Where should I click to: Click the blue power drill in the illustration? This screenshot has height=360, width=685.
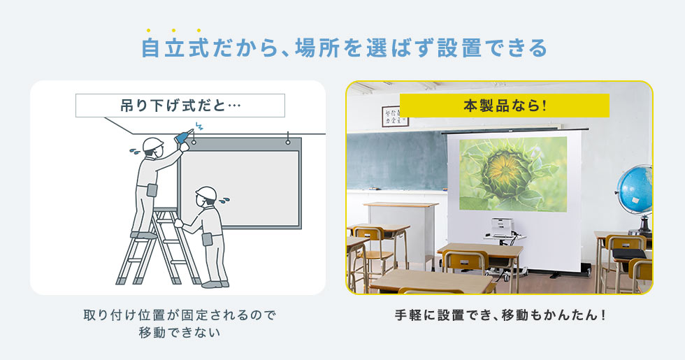pyautogui.click(x=184, y=136)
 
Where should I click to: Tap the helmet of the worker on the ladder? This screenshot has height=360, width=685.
pyautogui.click(x=152, y=144)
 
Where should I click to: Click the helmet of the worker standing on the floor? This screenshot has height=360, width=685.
pyautogui.click(x=206, y=193)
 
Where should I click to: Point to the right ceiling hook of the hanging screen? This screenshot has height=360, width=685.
pyautogui.click(x=288, y=139)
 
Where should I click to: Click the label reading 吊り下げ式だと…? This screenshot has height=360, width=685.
pyautogui.click(x=180, y=106)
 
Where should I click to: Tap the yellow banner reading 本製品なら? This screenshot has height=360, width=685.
pyautogui.click(x=504, y=106)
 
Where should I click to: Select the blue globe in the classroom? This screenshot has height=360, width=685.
pyautogui.click(x=636, y=191)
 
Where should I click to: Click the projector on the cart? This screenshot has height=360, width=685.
pyautogui.click(x=503, y=227)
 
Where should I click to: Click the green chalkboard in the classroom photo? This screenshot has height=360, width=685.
pyautogui.click(x=397, y=160)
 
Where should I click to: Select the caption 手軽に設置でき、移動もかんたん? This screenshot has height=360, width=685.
pyautogui.click(x=500, y=315)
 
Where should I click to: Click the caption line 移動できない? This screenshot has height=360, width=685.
pyautogui.click(x=180, y=333)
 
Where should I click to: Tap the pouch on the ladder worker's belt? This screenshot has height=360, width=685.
pyautogui.click(x=152, y=190)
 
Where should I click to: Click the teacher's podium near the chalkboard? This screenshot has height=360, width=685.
pyautogui.click(x=401, y=231)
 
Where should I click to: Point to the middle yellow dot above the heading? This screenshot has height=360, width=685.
pyautogui.click(x=174, y=30)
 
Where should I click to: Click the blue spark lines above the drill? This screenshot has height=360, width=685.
pyautogui.click(x=199, y=127)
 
